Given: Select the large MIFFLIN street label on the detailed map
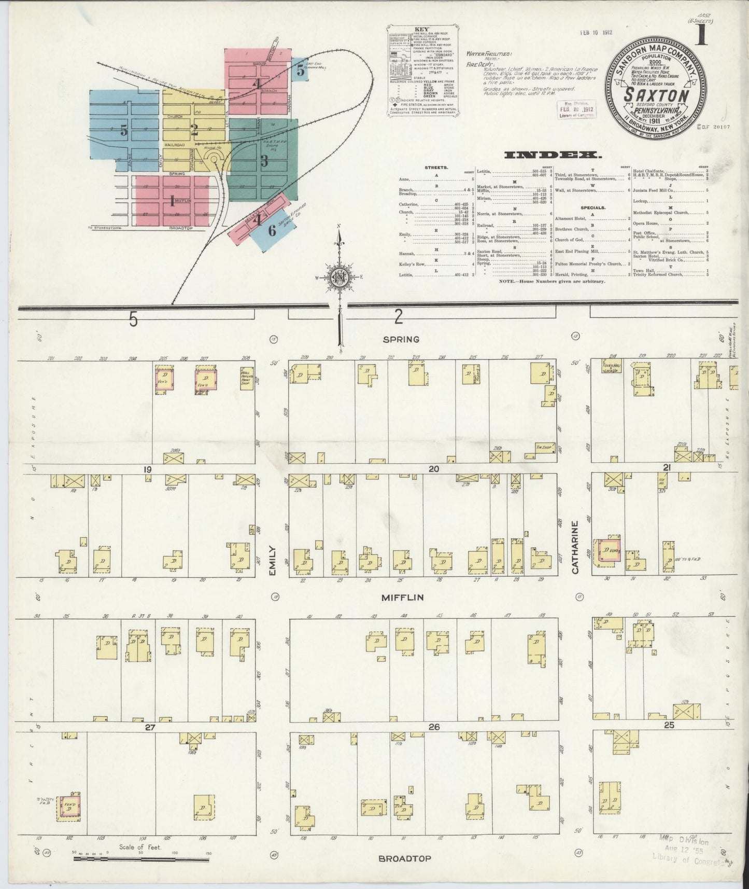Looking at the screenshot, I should (x=402, y=598).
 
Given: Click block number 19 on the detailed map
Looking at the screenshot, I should (x=148, y=469).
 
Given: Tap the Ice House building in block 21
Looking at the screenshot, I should (x=662, y=482).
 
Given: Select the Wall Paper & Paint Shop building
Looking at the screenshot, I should (x=247, y=376).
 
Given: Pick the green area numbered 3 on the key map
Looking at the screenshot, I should (x=264, y=161).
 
